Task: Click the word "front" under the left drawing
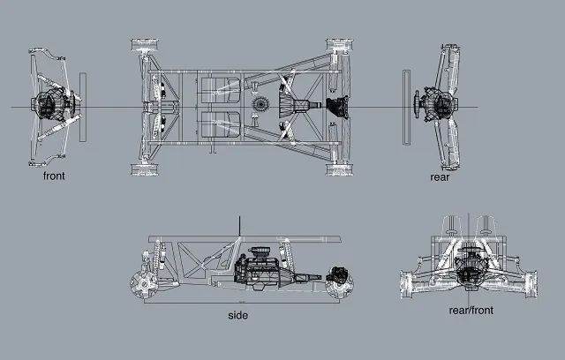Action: (54, 176)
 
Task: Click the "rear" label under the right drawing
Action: (440, 176)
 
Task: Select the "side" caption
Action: (238, 315)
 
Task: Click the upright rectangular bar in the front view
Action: (82, 107)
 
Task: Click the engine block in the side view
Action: (262, 262)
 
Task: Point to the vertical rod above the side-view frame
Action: (239, 227)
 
